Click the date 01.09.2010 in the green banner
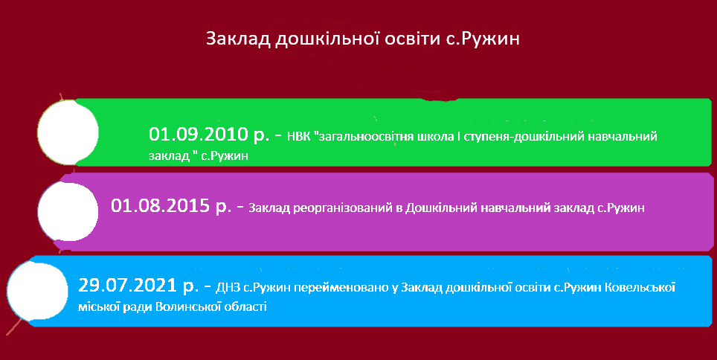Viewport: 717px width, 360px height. [x=199, y=134]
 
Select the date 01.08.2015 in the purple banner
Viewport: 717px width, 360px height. [x=161, y=205]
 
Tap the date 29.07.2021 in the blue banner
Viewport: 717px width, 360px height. [x=128, y=286]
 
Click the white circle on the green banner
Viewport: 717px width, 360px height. [x=68, y=132]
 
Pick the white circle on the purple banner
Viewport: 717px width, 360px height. [x=68, y=211]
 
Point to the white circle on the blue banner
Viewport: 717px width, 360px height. [x=37, y=292]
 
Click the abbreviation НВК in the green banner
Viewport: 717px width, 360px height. [x=298, y=136]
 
